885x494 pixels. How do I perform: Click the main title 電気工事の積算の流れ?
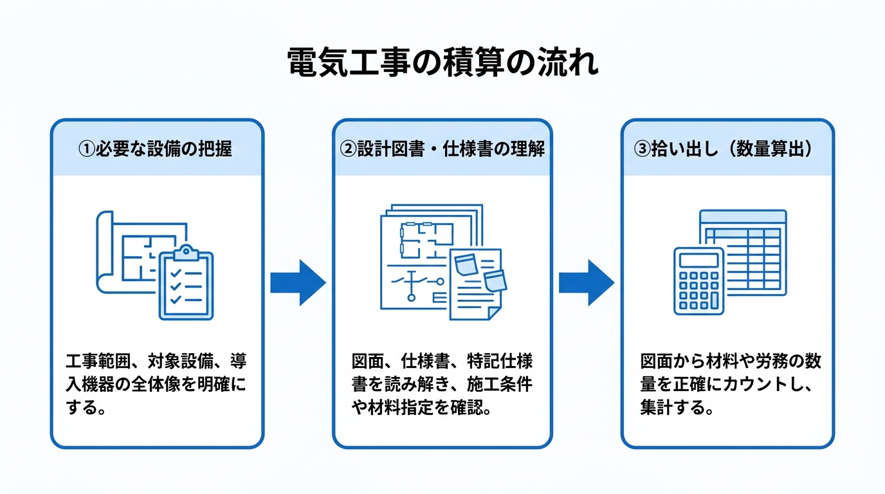(442, 62)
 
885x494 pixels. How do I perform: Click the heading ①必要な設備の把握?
(155, 149)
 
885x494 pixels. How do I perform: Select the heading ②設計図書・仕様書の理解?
(442, 149)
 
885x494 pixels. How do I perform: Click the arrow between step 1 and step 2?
(298, 282)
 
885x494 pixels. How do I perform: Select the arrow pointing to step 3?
(587, 282)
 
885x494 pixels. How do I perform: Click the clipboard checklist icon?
(186, 283)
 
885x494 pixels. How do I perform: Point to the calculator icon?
(698, 281)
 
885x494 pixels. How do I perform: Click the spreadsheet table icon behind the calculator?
(743, 253)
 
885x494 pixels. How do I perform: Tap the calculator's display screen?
(698, 261)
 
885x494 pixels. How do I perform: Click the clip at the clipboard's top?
(186, 253)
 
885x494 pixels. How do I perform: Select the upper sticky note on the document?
(466, 264)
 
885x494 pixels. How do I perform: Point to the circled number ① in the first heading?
(86, 149)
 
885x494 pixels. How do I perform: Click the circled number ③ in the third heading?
(642, 149)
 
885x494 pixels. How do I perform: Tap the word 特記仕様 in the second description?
(500, 361)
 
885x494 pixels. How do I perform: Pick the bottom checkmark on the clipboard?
(176, 300)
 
